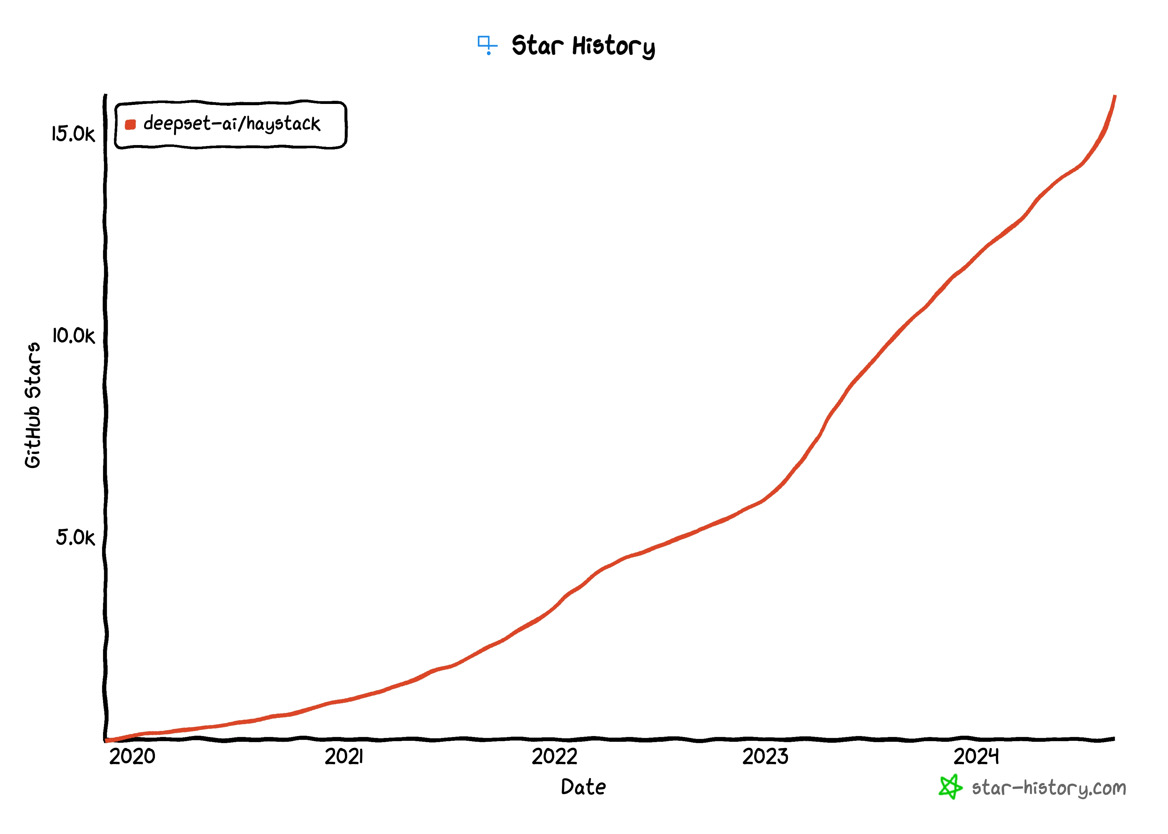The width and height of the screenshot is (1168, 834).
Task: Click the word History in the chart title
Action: [x=614, y=46]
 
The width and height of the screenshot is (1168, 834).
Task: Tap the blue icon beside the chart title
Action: [x=487, y=44]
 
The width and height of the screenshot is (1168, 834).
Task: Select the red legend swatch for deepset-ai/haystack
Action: [x=130, y=124]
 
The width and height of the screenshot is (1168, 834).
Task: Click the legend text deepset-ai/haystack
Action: [x=231, y=124]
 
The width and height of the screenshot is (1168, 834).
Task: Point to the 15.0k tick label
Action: [x=73, y=134]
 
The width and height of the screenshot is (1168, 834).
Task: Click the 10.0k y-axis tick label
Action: [x=73, y=335]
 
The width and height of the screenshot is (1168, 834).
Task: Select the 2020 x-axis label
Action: [x=132, y=757]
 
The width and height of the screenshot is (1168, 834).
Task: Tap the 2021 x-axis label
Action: [x=343, y=757]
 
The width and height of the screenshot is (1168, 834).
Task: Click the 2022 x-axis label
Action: [x=554, y=757]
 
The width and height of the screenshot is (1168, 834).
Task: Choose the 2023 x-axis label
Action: [x=765, y=757]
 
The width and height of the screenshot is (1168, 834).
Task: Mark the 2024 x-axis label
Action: [x=976, y=757]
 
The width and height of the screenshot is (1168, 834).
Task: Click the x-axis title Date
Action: [x=583, y=787]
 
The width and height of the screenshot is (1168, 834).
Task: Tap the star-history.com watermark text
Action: [x=1048, y=788]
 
